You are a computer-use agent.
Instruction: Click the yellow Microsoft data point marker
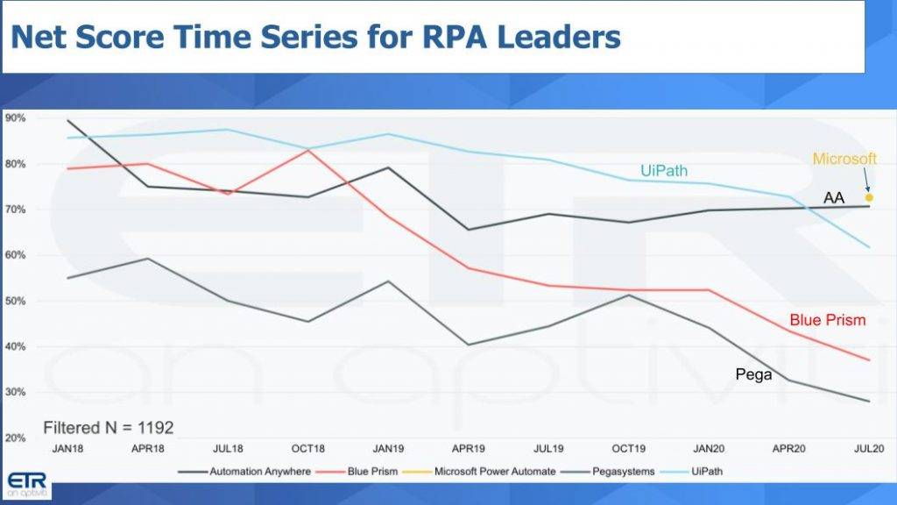pos(869,198)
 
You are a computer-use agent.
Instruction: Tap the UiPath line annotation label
pos(663,171)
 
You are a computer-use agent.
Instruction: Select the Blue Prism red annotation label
pos(827,320)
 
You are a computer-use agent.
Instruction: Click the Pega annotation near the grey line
pos(753,374)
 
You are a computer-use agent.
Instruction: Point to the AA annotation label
pos(833,198)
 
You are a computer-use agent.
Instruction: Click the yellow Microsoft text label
pos(844,159)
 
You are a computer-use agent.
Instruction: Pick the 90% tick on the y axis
pos(15,118)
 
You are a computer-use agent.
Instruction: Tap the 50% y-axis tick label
pos(15,301)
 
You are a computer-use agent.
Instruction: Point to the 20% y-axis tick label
pos(15,437)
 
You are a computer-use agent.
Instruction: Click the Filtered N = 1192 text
pos(109,428)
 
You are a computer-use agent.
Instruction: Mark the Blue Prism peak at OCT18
pos(308,151)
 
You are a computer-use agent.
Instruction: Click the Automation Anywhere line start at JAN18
pos(67,120)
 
